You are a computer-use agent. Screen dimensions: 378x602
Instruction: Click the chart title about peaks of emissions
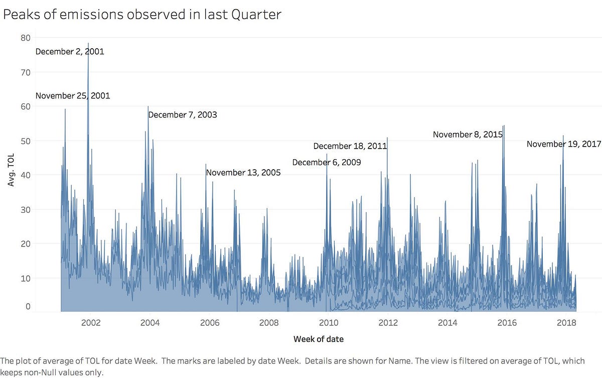click(x=142, y=15)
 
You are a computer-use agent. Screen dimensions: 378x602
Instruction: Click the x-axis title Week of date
click(x=319, y=339)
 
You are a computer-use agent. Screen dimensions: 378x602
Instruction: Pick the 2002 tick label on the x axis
click(x=90, y=322)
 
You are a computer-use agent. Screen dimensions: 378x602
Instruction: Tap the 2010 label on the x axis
click(x=328, y=322)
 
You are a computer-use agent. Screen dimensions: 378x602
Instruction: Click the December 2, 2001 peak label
click(x=70, y=51)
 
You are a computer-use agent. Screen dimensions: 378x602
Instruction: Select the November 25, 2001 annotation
click(x=73, y=96)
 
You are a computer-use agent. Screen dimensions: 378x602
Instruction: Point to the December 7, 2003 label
click(x=183, y=115)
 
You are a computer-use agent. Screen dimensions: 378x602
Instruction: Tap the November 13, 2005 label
click(x=243, y=173)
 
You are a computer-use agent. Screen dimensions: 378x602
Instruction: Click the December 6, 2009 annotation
click(x=326, y=163)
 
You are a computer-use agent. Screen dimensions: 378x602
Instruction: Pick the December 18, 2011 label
click(x=350, y=146)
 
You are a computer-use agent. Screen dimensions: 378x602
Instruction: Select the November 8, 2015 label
click(x=468, y=135)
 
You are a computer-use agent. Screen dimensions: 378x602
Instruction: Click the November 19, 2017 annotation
click(x=564, y=144)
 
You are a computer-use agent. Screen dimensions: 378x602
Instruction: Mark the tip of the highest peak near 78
click(x=88, y=44)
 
